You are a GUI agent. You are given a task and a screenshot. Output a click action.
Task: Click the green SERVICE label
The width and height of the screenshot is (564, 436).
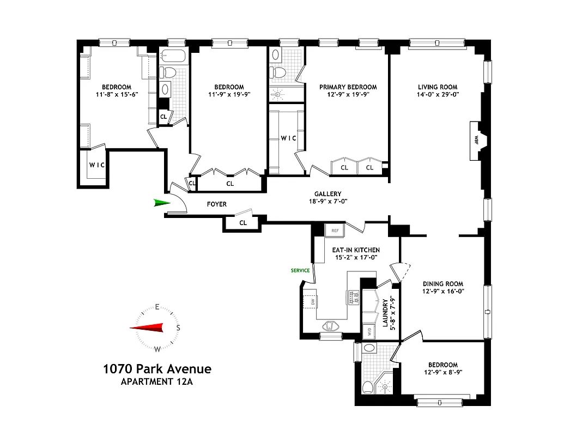300,270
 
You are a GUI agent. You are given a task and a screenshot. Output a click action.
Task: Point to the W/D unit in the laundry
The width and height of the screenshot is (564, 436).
369,331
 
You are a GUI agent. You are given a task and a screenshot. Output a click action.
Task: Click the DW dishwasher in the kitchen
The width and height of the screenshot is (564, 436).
313,301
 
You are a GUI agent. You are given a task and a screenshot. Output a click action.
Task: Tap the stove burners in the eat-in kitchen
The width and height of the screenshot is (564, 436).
353,297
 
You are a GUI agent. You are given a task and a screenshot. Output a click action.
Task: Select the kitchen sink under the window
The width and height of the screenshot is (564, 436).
331,326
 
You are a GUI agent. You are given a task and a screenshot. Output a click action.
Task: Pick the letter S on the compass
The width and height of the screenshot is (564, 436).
178,328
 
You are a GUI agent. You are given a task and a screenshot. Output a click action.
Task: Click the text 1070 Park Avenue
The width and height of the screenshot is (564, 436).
157,369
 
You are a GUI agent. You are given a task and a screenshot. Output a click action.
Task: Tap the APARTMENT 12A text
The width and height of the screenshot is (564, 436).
157,381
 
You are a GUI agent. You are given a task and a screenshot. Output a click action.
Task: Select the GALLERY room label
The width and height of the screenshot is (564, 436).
328,194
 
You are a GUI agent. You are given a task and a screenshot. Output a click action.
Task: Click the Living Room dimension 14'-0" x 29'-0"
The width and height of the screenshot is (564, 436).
438,94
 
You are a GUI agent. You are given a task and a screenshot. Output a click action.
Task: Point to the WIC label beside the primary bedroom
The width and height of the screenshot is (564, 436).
288,138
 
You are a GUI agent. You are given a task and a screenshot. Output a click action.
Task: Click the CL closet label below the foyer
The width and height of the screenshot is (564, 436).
243,222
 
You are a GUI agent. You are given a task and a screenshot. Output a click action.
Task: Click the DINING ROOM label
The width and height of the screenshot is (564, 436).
443,283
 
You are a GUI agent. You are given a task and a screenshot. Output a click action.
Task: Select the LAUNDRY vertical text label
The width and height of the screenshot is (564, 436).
385,312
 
